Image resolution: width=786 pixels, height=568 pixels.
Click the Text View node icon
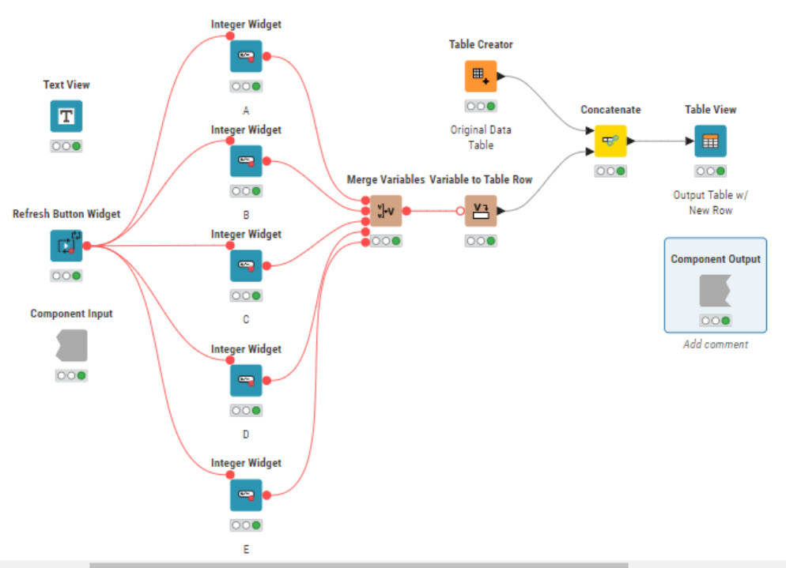pos(66,116)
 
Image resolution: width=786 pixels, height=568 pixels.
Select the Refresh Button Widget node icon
pos(66,246)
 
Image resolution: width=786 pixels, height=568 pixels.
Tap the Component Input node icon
pos(71,345)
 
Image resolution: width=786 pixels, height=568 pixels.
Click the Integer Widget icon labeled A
pos(246,56)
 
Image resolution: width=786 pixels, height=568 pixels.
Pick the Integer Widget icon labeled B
pos(246,161)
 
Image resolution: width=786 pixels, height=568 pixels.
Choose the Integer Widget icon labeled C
pos(246,265)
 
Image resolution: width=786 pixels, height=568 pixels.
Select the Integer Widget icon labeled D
pos(246,381)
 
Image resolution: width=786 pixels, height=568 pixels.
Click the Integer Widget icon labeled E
pos(246,495)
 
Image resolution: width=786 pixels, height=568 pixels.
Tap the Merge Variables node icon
pos(386,211)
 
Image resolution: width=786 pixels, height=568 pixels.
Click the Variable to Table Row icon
pos(481,211)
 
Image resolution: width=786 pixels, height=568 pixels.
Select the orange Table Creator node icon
pos(481,77)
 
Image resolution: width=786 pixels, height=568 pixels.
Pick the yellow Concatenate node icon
pos(610,141)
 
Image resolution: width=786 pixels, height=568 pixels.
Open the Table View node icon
pos(710,141)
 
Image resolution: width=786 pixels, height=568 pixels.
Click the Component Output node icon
pos(715,291)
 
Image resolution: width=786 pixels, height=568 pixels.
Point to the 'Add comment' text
pos(715,344)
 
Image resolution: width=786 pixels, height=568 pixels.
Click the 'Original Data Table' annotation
pos(481,137)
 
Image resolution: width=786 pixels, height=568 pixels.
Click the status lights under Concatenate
pos(610,171)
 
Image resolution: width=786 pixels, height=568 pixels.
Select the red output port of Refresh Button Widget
pos(87,246)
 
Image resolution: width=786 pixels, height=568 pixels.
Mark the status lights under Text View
pos(66,146)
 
